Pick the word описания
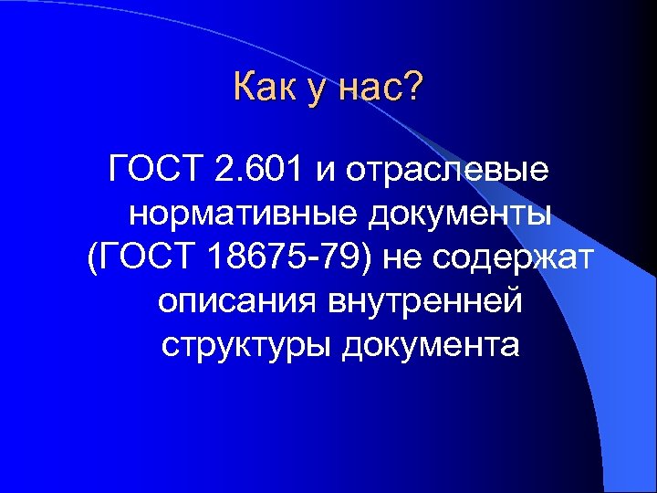(237, 302)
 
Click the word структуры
(245, 347)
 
